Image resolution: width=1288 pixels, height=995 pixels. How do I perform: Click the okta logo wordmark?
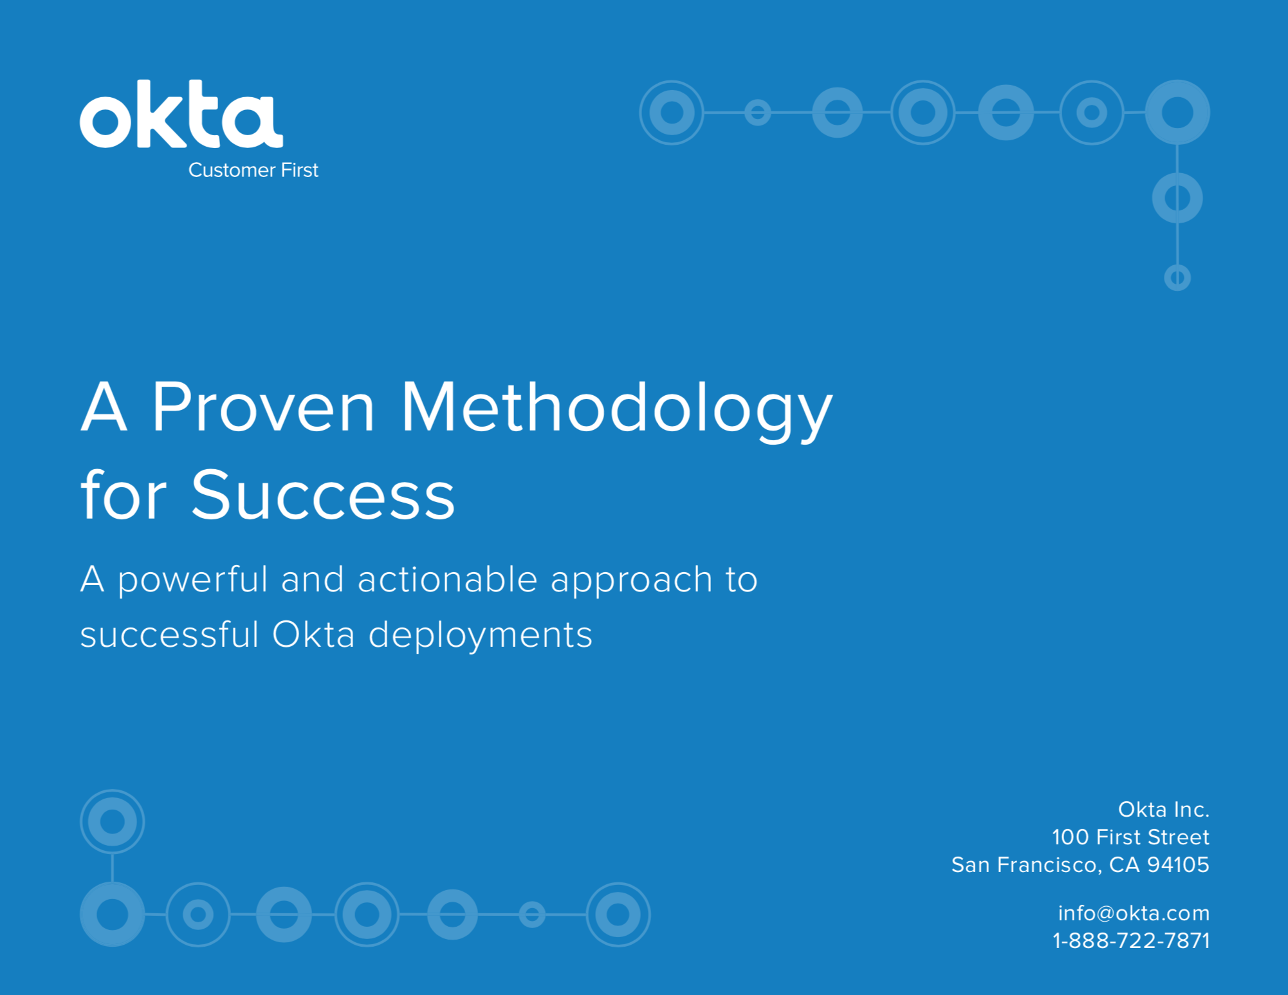point(181,114)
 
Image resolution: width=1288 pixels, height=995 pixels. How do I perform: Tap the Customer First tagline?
point(253,170)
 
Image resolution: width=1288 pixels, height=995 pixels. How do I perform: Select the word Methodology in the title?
point(616,411)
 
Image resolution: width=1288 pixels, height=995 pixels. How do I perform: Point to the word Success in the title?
point(323,494)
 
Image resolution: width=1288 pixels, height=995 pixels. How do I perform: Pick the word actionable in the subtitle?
point(447,579)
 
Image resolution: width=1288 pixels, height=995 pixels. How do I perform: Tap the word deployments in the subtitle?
point(480,636)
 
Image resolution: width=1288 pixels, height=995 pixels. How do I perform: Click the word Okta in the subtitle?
point(313,635)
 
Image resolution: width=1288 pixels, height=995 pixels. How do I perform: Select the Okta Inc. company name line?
point(1163,809)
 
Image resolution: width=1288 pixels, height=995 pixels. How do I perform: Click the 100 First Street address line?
point(1130,837)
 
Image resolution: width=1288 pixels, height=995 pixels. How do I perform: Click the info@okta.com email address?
point(1134,913)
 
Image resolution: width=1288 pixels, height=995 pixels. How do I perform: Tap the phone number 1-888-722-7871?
point(1131,940)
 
